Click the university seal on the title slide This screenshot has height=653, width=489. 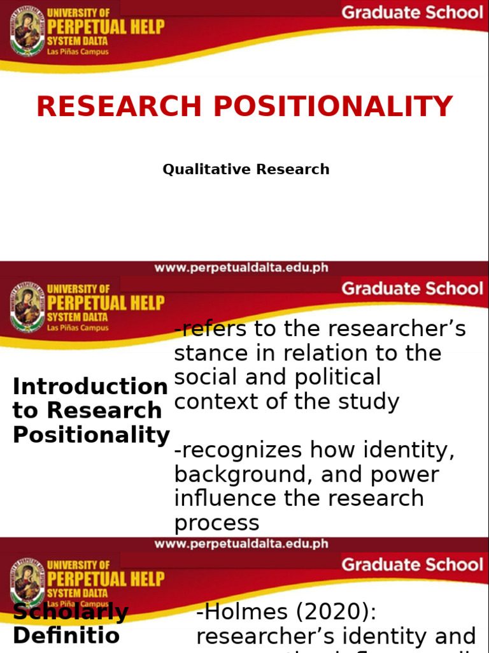(27, 33)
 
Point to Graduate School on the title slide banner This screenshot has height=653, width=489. (412, 13)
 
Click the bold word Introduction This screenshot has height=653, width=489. (90, 386)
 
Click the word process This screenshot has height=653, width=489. (216, 522)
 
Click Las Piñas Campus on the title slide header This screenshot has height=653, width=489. (78, 52)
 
